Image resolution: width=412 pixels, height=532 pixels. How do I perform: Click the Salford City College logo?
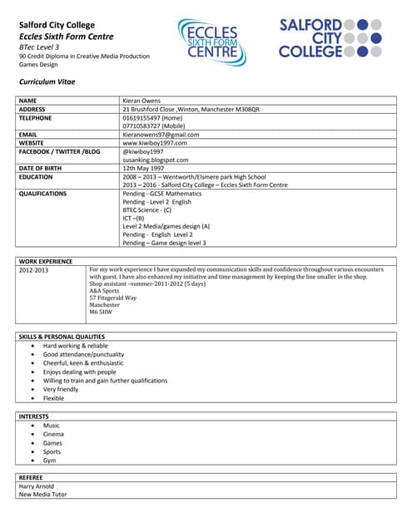click(330, 38)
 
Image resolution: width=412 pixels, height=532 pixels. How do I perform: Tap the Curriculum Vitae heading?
click(47, 82)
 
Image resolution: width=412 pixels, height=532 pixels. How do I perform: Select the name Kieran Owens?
click(142, 100)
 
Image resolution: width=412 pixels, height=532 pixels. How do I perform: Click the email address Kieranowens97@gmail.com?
click(161, 135)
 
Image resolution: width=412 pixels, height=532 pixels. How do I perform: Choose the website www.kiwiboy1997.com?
click(155, 143)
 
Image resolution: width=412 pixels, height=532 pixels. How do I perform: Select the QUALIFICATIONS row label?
click(42, 194)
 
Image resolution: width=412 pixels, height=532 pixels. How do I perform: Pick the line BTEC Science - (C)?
click(146, 210)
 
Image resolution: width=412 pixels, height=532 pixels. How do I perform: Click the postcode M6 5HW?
click(102, 312)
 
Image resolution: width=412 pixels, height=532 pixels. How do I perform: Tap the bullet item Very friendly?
click(61, 389)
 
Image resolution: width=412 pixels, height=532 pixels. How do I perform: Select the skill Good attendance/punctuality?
click(83, 354)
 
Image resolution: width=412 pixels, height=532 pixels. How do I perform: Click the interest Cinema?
click(53, 434)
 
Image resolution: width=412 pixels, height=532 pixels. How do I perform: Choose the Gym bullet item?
click(50, 460)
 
